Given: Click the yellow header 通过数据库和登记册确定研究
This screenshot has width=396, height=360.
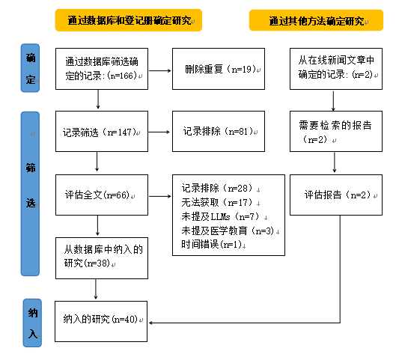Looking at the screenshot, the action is [129, 20].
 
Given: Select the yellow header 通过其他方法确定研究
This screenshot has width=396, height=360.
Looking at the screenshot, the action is [316, 20].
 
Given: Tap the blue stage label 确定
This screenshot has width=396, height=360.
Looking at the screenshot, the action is [30, 68].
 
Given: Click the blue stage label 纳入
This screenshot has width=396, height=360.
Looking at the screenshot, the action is [32, 323].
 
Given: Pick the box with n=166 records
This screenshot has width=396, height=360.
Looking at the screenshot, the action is [102, 69].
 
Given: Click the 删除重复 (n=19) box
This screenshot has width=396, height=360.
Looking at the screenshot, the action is [219, 69].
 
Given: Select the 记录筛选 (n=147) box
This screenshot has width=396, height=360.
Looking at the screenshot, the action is [102, 131].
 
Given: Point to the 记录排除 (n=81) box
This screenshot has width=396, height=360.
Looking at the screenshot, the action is [219, 131].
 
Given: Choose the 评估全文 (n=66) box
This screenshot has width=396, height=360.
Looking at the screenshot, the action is [102, 195].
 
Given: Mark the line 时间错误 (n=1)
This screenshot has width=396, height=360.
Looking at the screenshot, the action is [213, 245].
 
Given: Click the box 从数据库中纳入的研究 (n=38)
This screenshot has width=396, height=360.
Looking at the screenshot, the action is [102, 258].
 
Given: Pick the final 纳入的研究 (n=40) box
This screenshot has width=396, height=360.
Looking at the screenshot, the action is [101, 321].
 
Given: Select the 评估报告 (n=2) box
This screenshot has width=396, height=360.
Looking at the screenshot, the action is [336, 195].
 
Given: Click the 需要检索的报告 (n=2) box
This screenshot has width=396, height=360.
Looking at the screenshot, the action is [336, 131].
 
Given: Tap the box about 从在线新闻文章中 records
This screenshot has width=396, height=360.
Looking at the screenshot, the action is [336, 69].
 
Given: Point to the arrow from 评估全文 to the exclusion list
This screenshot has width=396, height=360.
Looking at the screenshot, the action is [160, 196].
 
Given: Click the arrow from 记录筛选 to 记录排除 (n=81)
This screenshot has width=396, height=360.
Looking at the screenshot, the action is [159, 132].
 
